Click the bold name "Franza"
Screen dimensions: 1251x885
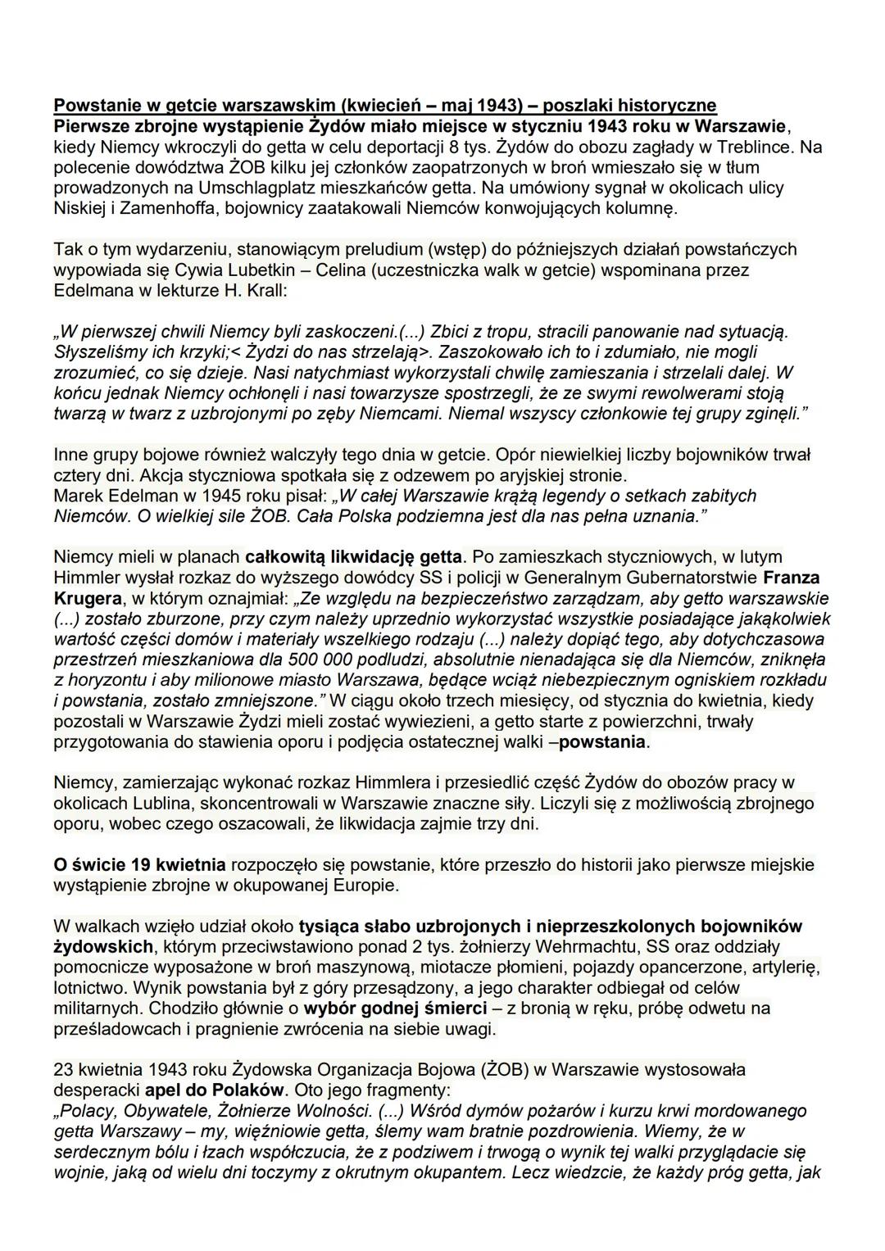(787, 578)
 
